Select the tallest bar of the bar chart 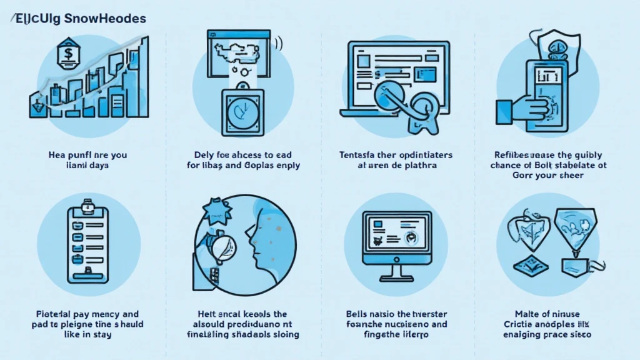(144, 75)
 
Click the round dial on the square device (242, 112)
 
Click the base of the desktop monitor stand (397, 279)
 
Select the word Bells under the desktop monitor (357, 314)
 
